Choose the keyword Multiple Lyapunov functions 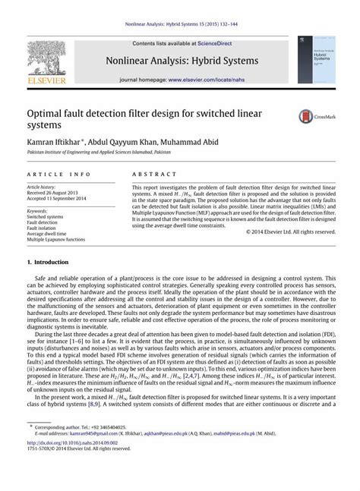coord(57,239)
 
